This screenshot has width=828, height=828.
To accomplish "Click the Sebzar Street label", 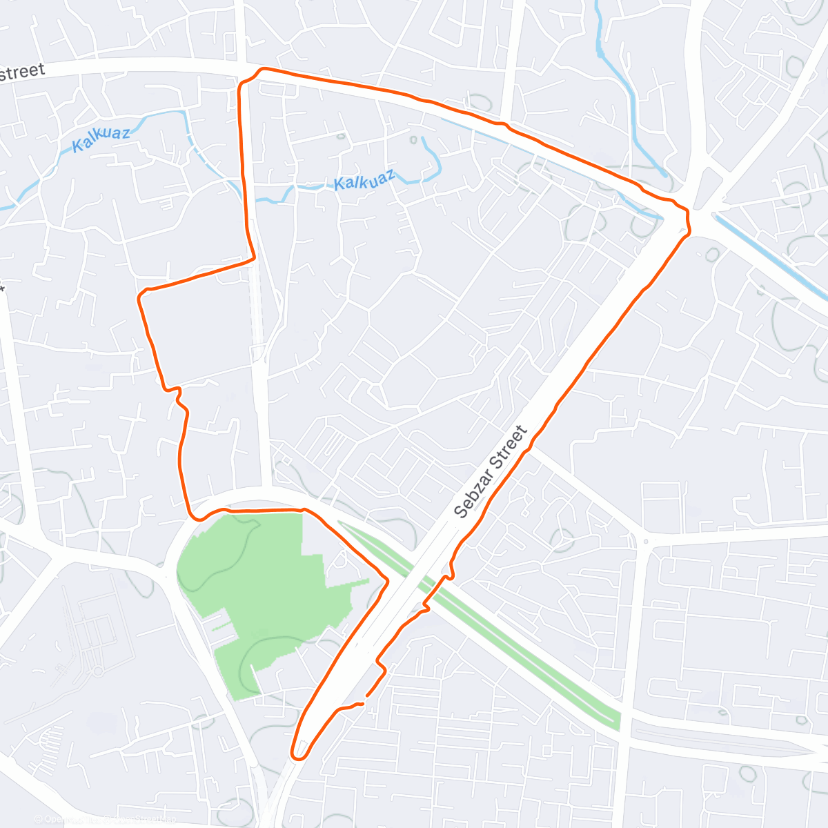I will point(491,472).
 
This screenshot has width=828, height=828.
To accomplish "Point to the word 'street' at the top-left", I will point(23,72).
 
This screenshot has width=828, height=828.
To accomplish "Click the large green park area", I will point(262,586).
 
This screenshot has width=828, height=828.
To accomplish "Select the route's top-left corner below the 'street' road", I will point(241,84).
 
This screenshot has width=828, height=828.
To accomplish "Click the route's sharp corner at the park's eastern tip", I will point(386,582).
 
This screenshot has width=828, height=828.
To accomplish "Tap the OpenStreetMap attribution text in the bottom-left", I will point(103,820).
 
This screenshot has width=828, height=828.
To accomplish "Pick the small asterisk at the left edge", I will point(3,288).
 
